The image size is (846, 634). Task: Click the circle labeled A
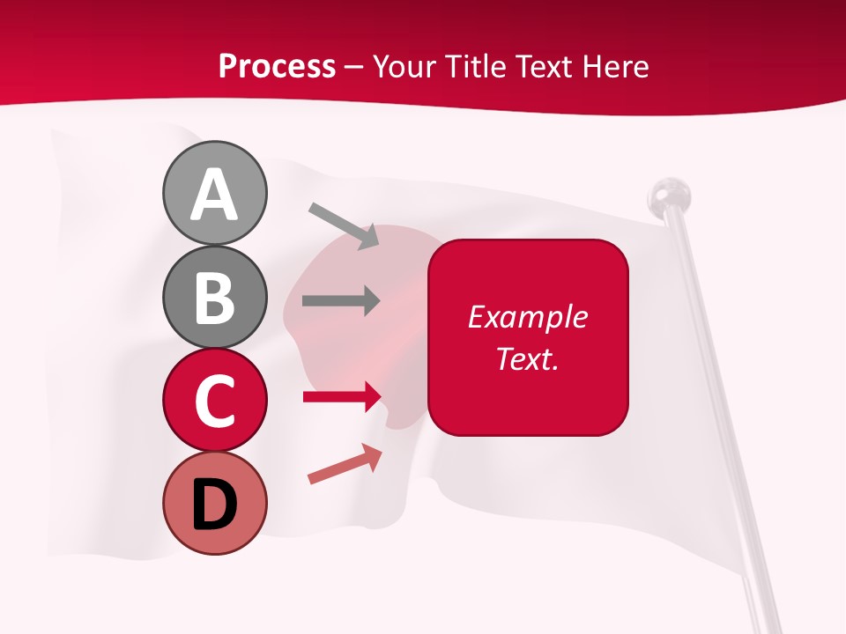point(215,193)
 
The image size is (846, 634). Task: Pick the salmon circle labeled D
point(215,503)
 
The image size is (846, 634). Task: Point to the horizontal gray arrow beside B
point(341,300)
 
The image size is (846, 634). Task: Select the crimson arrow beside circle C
point(342,397)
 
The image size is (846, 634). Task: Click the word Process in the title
point(277,66)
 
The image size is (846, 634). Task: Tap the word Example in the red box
point(527,317)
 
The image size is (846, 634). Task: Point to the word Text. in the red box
point(527,358)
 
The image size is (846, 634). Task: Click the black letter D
point(215,505)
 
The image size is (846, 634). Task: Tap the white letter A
point(215,194)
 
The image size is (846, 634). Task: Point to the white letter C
point(215,401)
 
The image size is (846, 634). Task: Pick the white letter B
point(215,298)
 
